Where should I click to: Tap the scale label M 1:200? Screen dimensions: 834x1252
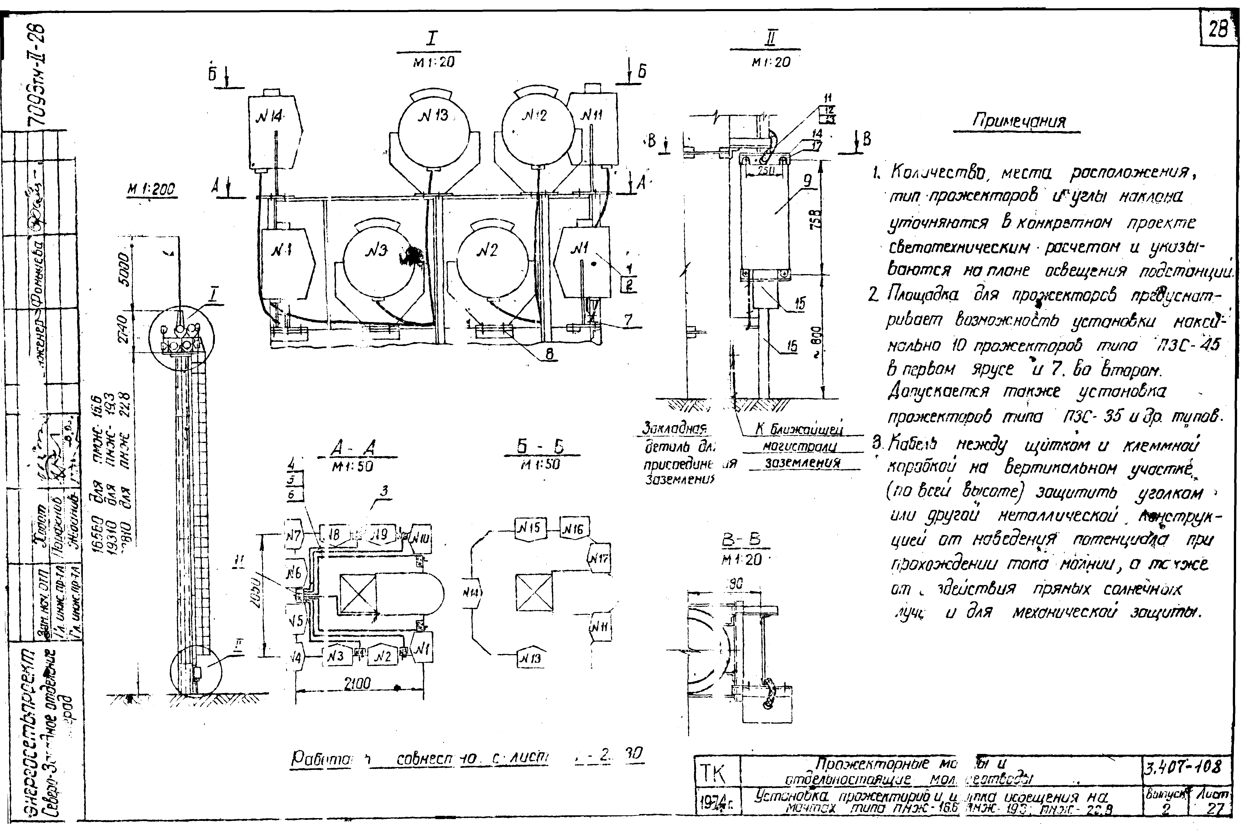point(152,190)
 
